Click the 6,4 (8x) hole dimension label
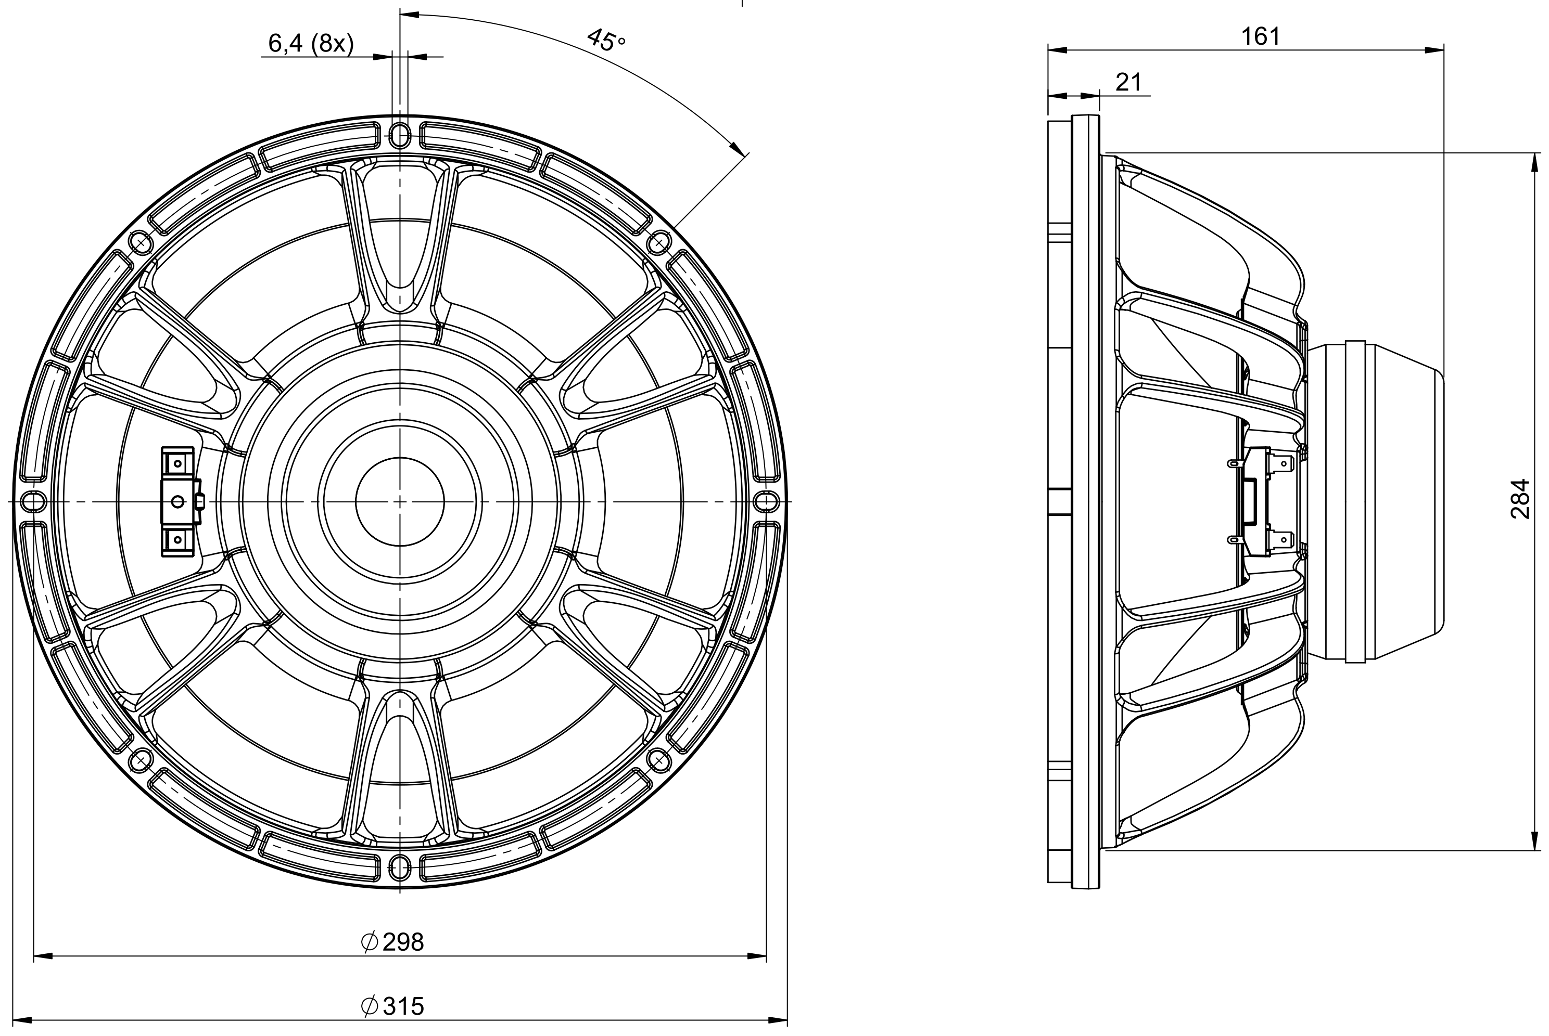[x=311, y=44]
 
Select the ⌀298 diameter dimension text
[x=392, y=941]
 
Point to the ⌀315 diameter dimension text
[x=392, y=1006]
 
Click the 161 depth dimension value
[x=1260, y=36]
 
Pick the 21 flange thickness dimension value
[x=1128, y=82]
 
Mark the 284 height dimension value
[x=1520, y=499]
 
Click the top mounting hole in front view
[x=400, y=135]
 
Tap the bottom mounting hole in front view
[x=400, y=867]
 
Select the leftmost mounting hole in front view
[x=32, y=501]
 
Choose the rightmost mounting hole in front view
[x=766, y=501]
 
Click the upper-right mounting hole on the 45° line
[x=658, y=243]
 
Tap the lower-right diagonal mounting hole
[x=658, y=760]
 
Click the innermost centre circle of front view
[x=400, y=501]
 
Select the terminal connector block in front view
[x=179, y=501]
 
